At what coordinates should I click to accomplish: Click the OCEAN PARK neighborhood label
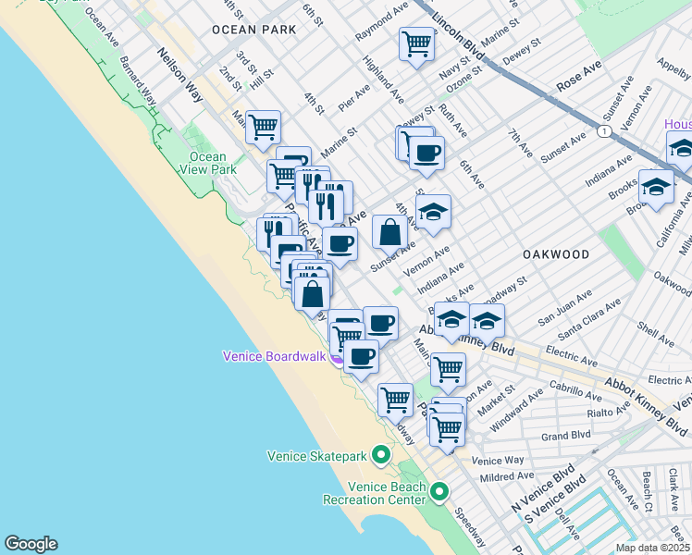coord(253,30)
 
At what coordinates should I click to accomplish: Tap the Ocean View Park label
coord(208,164)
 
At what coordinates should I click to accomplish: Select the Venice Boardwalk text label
coord(276,356)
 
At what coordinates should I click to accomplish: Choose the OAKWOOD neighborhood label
coord(555,253)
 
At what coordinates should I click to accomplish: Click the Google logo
coord(31,544)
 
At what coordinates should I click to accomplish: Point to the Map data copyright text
coord(653,548)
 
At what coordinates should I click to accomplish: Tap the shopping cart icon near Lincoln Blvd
coord(416,43)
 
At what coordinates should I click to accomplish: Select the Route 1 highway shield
coord(603,132)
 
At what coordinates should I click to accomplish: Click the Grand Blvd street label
coord(565,435)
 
